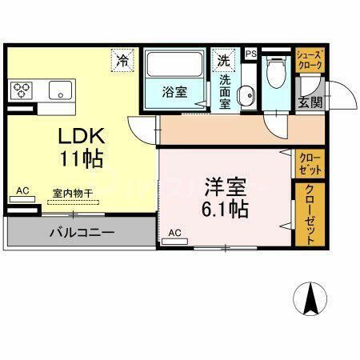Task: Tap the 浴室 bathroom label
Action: click(176, 90)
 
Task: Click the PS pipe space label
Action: click(250, 54)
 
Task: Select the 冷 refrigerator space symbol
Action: click(124, 60)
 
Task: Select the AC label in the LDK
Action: click(22, 190)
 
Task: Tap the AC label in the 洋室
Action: click(175, 234)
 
